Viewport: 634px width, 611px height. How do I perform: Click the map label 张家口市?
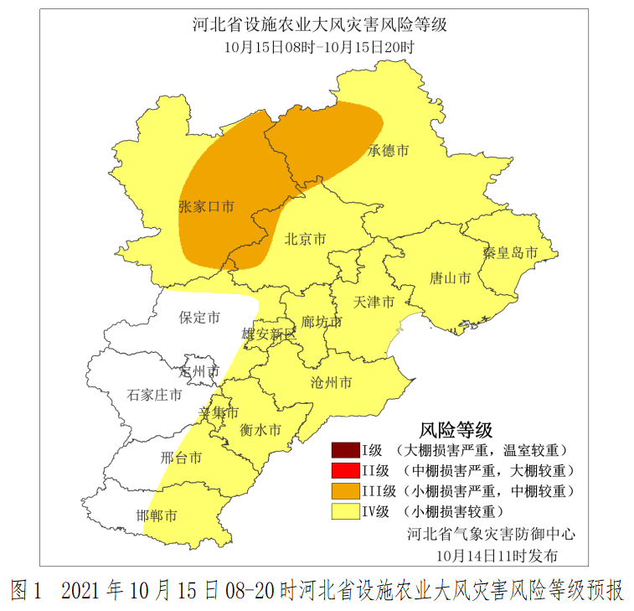[x=206, y=206]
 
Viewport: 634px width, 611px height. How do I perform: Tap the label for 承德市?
[x=389, y=151]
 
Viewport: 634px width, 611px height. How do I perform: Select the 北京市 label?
[x=305, y=239]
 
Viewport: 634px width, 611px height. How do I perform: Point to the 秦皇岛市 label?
[x=508, y=251]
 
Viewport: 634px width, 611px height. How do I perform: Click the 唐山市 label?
[x=450, y=277]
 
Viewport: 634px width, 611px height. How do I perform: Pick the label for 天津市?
[x=374, y=302]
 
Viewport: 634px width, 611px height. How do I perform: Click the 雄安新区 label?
[x=269, y=335]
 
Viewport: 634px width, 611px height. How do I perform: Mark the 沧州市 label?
[x=331, y=383]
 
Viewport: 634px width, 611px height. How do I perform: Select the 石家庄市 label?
[x=154, y=395]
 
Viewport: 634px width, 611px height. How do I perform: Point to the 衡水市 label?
[x=260, y=430]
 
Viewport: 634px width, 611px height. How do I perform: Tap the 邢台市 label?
[x=181, y=458]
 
